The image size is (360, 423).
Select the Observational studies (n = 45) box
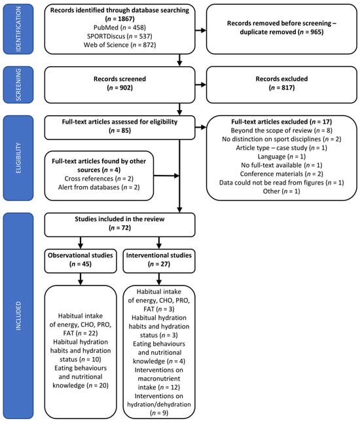(x=79, y=260)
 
